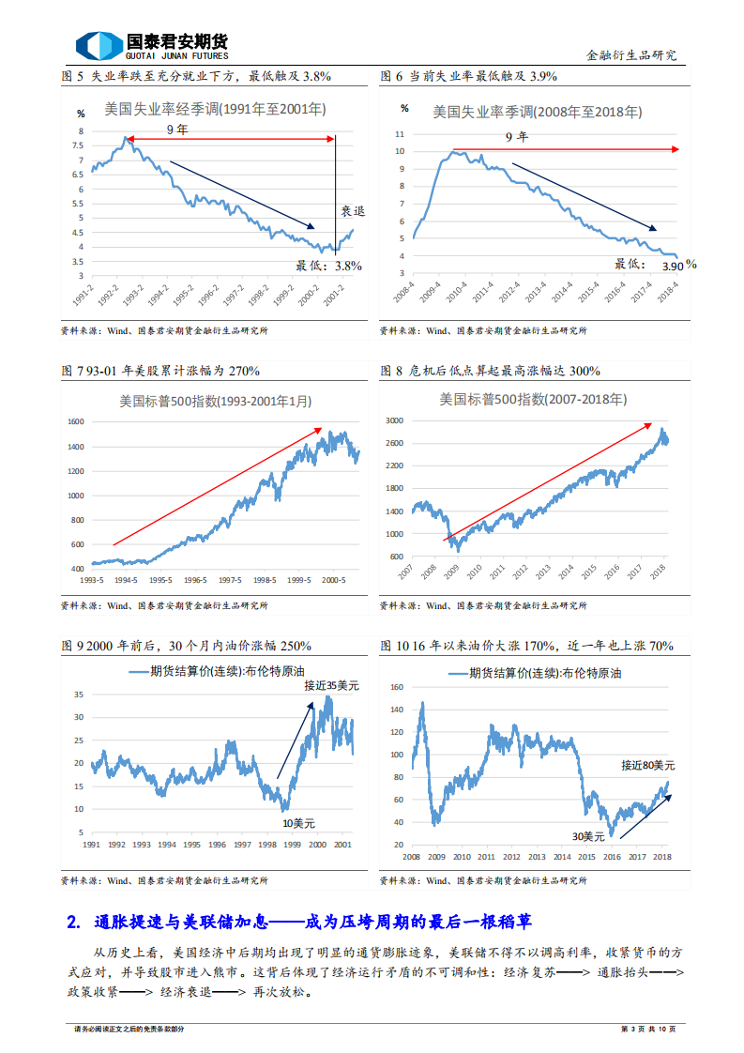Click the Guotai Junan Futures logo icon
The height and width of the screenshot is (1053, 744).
tap(98, 45)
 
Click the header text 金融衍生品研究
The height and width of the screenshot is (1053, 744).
tap(630, 55)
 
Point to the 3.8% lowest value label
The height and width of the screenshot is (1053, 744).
tap(348, 266)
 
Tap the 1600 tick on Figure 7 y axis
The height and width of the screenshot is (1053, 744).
tap(76, 421)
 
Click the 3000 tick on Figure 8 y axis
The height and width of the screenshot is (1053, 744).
tap(394, 421)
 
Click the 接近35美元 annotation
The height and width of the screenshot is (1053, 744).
tap(331, 686)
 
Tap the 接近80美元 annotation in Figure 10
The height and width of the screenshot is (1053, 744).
tap(647, 766)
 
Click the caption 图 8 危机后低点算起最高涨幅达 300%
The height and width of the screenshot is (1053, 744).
tap(490, 371)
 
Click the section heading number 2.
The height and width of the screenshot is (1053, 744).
tap(74, 922)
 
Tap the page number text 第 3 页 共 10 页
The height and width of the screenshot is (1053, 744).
tap(648, 1030)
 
